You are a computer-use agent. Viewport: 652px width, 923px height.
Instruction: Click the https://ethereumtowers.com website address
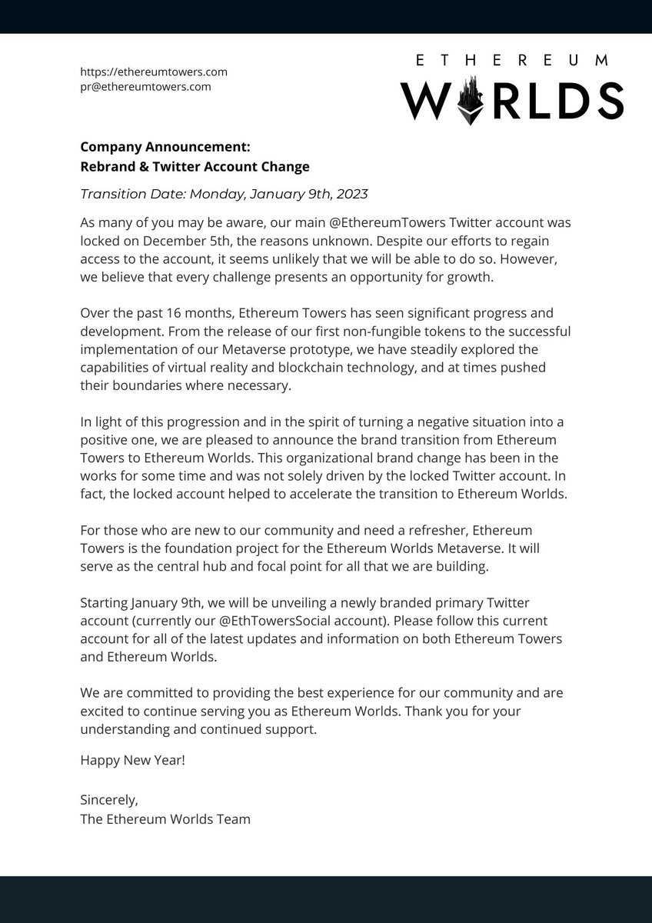point(154,72)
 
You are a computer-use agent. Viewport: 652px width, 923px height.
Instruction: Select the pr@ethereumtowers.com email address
point(145,86)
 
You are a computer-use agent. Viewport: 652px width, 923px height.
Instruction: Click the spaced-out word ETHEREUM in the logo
point(511,59)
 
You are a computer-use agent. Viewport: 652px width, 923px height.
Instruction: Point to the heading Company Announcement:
point(165,147)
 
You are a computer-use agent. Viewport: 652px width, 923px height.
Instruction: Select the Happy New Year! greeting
point(132,760)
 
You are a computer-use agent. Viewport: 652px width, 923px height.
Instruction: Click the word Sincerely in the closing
point(108,800)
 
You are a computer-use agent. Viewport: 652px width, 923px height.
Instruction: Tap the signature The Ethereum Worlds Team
point(165,818)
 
